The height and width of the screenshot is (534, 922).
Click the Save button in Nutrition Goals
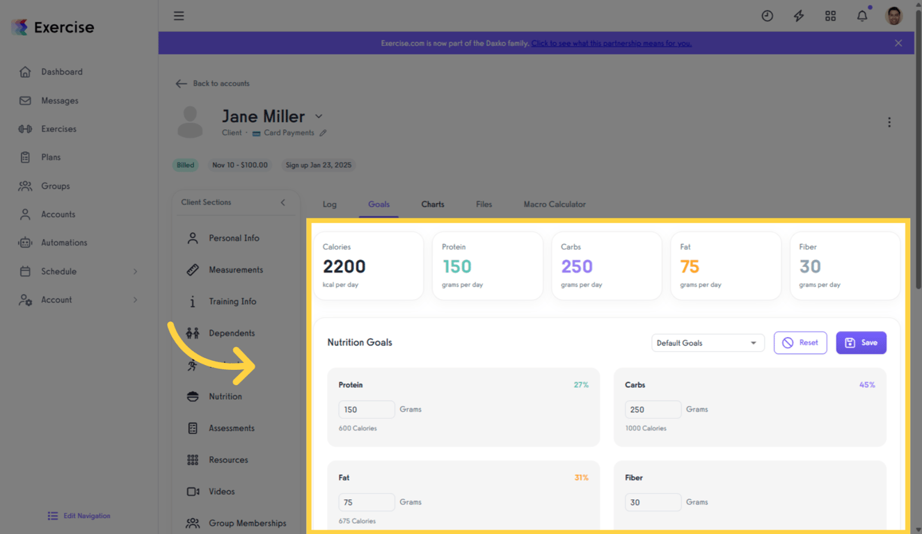(x=861, y=343)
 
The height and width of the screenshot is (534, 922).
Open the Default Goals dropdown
(x=707, y=343)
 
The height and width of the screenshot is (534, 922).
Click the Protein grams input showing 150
(x=367, y=410)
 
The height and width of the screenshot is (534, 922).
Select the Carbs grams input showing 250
(x=653, y=410)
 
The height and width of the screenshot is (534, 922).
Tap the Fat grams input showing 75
(x=367, y=502)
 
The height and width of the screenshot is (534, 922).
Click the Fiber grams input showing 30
(x=653, y=502)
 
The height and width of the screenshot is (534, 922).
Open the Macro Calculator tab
(x=554, y=204)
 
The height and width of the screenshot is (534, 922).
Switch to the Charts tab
(x=432, y=204)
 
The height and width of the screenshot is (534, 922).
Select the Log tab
(x=329, y=204)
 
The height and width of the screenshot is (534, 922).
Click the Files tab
(x=484, y=204)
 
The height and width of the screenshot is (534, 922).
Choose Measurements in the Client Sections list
(x=235, y=270)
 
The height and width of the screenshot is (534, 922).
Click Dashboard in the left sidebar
(x=61, y=72)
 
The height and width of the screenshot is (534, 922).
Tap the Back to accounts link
(x=213, y=83)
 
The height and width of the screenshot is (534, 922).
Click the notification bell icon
(x=862, y=16)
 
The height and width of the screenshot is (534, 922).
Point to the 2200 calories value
(x=344, y=266)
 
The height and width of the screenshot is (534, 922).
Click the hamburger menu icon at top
(x=179, y=16)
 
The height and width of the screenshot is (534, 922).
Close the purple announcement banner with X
(x=898, y=43)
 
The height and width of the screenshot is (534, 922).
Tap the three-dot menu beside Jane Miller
(x=889, y=122)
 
